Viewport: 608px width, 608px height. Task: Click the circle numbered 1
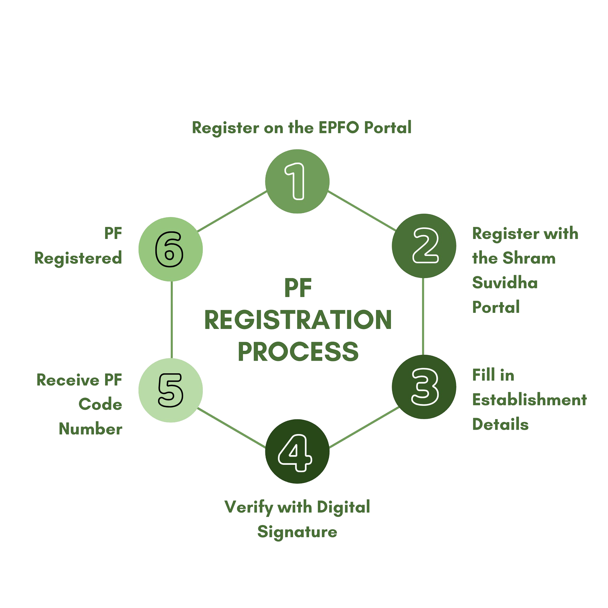click(297, 181)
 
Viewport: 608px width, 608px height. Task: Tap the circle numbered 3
click(424, 387)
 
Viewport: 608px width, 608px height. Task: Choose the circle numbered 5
click(171, 390)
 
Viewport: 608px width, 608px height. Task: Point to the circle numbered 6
click(171, 249)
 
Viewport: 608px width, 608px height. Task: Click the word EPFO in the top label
click(338, 128)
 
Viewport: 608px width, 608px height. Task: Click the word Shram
click(529, 258)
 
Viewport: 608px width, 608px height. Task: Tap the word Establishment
click(530, 400)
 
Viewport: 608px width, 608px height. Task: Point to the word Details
click(500, 424)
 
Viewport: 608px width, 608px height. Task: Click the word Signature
click(297, 532)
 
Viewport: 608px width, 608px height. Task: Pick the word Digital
click(343, 507)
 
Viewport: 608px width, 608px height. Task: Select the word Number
click(91, 429)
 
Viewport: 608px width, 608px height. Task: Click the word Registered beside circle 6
click(78, 258)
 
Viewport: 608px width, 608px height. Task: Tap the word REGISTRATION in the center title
click(298, 320)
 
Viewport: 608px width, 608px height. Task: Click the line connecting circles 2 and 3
click(423, 316)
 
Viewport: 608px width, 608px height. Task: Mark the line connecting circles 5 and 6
click(171, 320)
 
